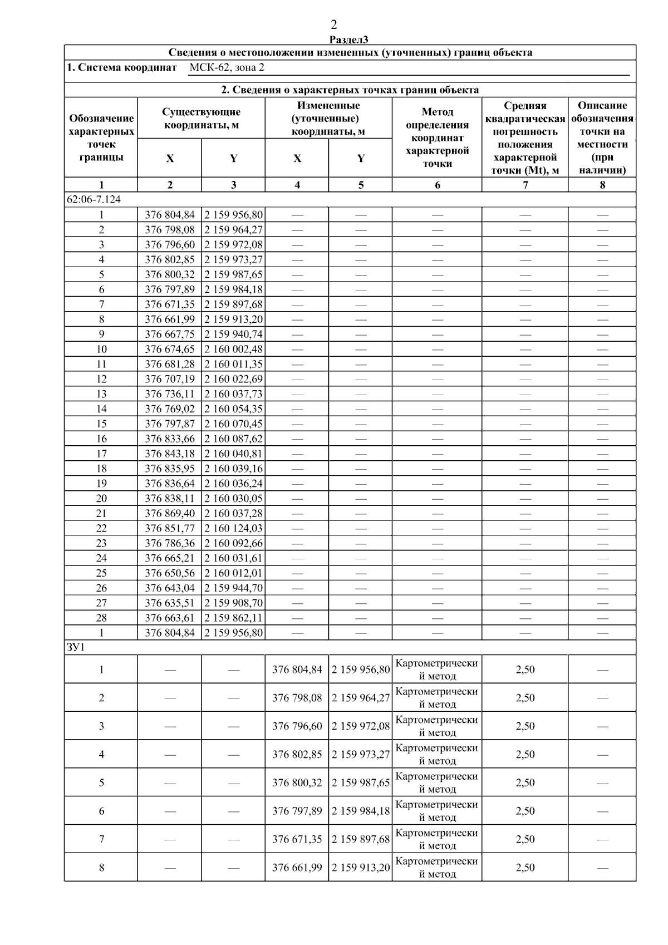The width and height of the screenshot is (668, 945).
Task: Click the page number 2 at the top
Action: point(333,24)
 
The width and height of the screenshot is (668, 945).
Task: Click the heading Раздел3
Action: point(349,40)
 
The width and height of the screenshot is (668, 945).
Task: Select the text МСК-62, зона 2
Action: point(227,68)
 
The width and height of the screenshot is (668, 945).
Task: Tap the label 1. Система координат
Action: point(121,68)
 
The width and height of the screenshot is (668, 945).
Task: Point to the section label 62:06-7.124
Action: point(94,199)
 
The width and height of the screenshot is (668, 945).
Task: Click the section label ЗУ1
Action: point(76,647)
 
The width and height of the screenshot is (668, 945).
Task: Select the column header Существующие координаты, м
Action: point(201,119)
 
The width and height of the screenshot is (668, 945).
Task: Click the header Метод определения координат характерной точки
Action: point(437,137)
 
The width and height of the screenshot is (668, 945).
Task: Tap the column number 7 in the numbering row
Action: point(525,185)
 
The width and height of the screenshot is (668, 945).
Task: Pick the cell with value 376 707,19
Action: point(170,379)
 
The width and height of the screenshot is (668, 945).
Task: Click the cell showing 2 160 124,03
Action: point(233,528)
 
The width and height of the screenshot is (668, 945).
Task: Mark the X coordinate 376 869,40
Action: point(170,513)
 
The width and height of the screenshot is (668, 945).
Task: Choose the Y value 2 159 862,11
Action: point(233,618)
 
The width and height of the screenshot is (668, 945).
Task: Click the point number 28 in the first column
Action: point(101,618)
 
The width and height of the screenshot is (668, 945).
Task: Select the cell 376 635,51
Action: point(170,603)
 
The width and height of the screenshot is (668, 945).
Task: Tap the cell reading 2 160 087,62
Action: point(233,439)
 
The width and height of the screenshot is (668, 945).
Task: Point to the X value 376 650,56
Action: point(170,573)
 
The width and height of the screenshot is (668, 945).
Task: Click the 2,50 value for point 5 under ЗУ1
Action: point(525,782)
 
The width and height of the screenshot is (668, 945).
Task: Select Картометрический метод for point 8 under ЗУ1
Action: point(437,867)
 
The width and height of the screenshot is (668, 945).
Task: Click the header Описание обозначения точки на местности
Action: point(602,137)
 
